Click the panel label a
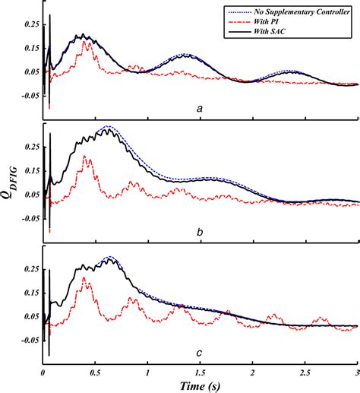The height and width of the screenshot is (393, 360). [200, 109]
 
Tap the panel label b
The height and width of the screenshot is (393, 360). [200, 231]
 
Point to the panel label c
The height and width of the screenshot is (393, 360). [200, 352]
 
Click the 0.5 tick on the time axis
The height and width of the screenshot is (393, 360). [95, 375]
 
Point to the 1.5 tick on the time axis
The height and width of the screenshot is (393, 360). [200, 375]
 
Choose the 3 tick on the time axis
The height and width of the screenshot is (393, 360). [356, 375]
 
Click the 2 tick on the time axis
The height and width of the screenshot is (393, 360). [252, 375]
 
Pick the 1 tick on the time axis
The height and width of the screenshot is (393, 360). [147, 375]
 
